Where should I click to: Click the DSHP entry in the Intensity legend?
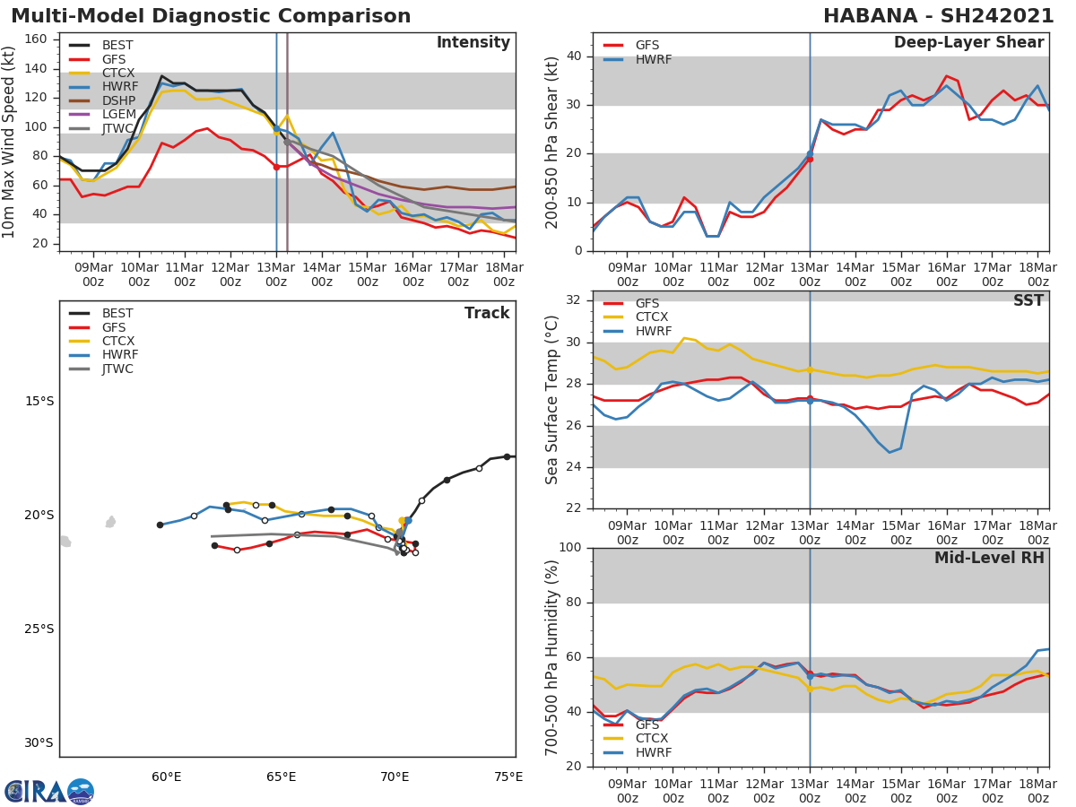coord(119,101)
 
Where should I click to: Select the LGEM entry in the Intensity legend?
coord(119,115)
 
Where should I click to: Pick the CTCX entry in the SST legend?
coord(652,317)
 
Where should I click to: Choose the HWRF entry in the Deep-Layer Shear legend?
coord(652,59)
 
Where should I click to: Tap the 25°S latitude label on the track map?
coord(39,629)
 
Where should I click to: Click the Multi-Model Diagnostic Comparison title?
coord(211,16)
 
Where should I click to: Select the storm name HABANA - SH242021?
coord(938,16)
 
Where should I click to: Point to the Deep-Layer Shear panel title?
coord(968,43)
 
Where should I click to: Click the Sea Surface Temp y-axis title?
coord(552,400)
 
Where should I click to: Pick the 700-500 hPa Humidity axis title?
coord(552,657)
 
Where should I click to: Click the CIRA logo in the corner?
coord(49,792)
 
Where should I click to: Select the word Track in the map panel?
coord(487,313)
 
